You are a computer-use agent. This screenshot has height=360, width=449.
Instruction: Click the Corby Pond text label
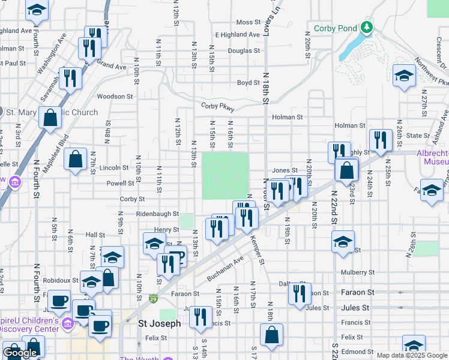pos(335,28)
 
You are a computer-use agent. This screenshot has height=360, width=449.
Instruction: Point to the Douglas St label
pos(244,51)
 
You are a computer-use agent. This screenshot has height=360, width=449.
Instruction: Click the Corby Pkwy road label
pos(217,107)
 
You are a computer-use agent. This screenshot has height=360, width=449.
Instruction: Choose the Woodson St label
pos(115,96)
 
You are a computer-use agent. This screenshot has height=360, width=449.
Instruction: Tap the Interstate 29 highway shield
pos(154,299)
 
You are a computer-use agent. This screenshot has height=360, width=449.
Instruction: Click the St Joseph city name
pos(159,323)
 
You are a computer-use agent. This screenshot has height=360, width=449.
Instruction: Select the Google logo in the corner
pos(20,353)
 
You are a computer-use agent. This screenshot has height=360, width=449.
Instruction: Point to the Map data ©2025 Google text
pos(411,355)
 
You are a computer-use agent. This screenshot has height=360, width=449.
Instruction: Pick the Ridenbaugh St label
pos(158,214)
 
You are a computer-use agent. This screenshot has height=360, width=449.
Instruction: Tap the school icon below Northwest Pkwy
pos(404,76)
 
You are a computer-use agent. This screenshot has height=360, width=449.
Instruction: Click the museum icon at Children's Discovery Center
pos(67,325)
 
